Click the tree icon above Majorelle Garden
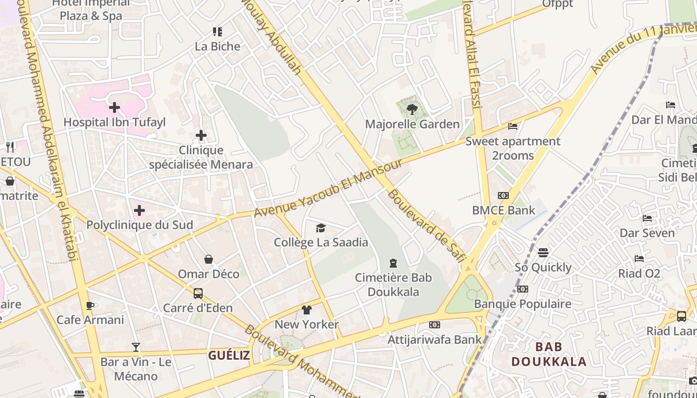pyautogui.click(x=412, y=109)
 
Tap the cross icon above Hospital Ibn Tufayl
pyautogui.click(x=115, y=107)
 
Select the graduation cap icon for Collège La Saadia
pyautogui.click(x=321, y=228)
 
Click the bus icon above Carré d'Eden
pyautogui.click(x=198, y=294)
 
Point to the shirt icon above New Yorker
pyautogui.click(x=307, y=310)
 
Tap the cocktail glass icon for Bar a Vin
pyautogui.click(x=136, y=347)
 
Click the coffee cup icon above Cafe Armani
pyautogui.click(x=90, y=305)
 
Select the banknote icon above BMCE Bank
pyautogui.click(x=503, y=196)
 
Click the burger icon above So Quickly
pyautogui.click(x=543, y=253)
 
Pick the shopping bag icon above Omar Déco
pyautogui.click(x=209, y=259)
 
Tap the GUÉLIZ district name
pyautogui.click(x=229, y=355)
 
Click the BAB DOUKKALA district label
pyautogui.click(x=549, y=354)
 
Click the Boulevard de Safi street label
pyautogui.click(x=426, y=224)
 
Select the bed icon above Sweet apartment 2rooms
pyautogui.click(x=513, y=126)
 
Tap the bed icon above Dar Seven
pyautogui.click(x=647, y=218)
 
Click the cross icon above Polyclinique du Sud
pyautogui.click(x=139, y=210)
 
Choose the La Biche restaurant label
pyautogui.click(x=218, y=46)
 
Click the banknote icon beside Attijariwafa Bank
pyautogui.click(x=435, y=325)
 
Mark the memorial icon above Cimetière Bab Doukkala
pyautogui.click(x=393, y=263)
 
